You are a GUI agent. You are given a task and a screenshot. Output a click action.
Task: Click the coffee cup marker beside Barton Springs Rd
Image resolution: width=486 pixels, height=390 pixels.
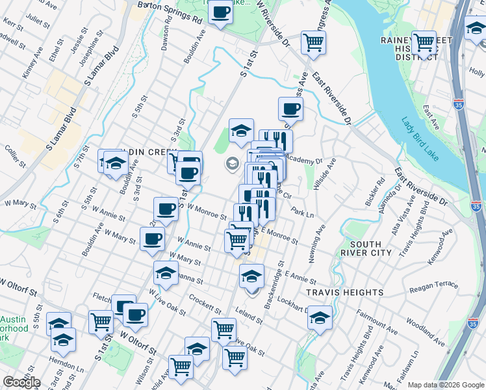click(220, 13)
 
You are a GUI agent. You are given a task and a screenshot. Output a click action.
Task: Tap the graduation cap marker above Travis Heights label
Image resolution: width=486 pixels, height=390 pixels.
click(251, 276)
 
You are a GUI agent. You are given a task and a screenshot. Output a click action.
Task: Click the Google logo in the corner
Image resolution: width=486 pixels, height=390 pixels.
click(21, 382)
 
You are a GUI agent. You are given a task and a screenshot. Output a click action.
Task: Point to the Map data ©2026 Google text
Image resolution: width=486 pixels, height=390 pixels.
click(446, 385)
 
